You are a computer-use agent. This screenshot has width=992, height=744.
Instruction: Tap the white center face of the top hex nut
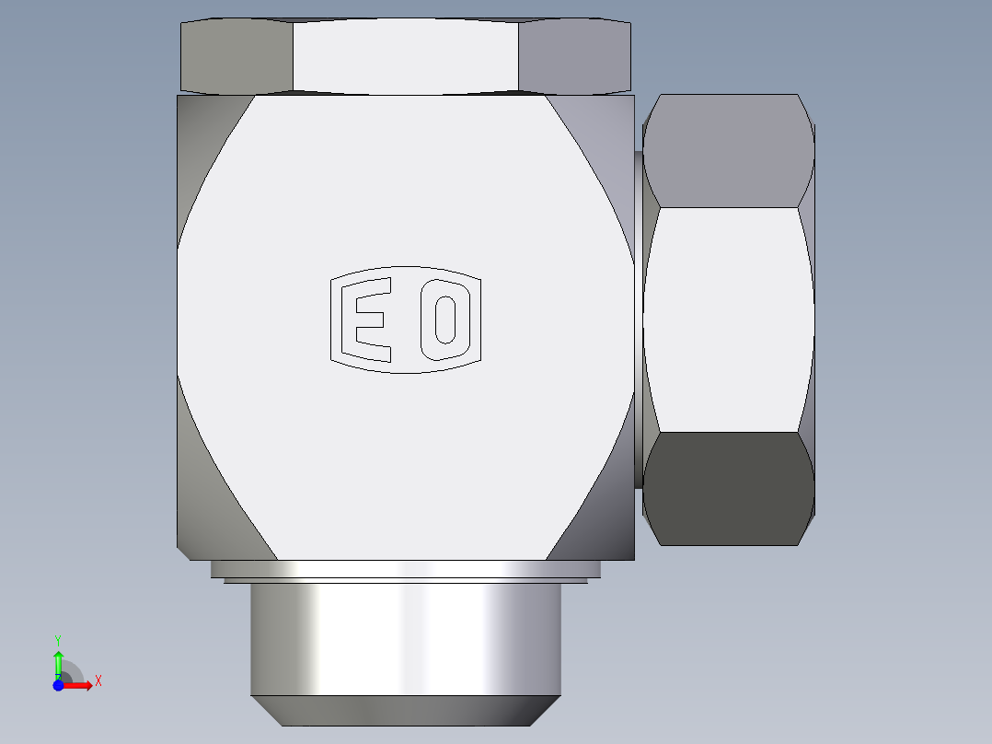tap(406, 55)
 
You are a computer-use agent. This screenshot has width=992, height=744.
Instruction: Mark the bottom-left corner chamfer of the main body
tap(207, 516)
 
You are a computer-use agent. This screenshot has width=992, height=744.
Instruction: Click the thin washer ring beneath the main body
tap(405, 569)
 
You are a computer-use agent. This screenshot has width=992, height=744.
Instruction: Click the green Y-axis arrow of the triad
tap(58, 661)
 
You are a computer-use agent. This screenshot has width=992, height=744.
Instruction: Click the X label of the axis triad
tap(98, 681)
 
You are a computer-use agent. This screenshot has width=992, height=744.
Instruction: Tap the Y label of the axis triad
tap(58, 639)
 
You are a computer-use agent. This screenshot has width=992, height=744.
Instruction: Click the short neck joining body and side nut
tap(638, 318)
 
